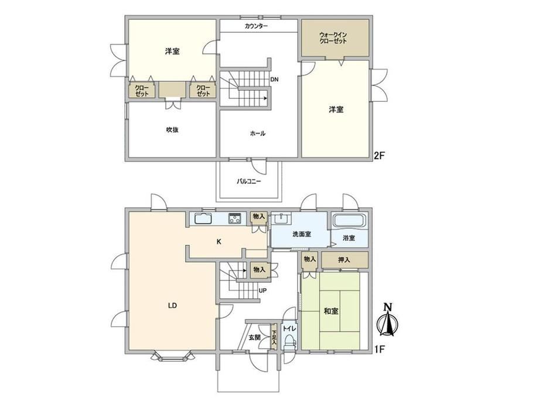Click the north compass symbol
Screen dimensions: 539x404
click(388, 320)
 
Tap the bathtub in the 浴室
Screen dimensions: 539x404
click(349, 221)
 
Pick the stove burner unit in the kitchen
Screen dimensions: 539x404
click(235, 218)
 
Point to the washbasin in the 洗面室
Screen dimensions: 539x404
click(282, 218)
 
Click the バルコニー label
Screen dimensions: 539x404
click(249, 181)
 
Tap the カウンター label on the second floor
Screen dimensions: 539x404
click(257, 26)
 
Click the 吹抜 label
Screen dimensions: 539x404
click(172, 130)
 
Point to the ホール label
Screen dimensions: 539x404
click(257, 133)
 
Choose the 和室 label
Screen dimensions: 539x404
click(331, 311)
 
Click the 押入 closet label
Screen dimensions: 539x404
click(344, 260)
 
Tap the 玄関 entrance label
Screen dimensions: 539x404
click(255, 338)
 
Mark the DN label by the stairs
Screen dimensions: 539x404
click(274, 80)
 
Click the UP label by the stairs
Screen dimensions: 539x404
click(262, 291)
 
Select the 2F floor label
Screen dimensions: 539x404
click(379, 156)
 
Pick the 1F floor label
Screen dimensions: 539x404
click(379, 350)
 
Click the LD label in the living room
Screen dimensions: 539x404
click(172, 306)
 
